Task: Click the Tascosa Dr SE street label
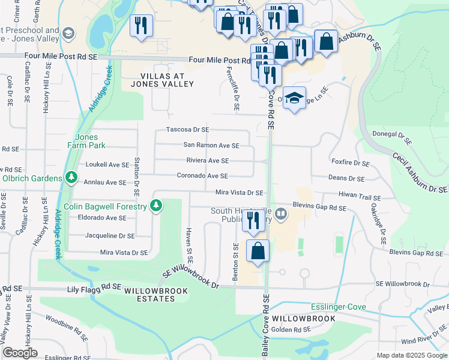pyautogui.click(x=187, y=130)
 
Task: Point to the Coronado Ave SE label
pyautogui.click(x=202, y=176)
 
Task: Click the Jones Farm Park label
pyautogui.click(x=90, y=141)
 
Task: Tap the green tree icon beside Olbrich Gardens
pyautogui.click(x=71, y=178)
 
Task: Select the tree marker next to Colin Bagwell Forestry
pyautogui.click(x=156, y=206)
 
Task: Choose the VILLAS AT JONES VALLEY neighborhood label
pyautogui.click(x=158, y=80)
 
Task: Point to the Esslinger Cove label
pyautogui.click(x=339, y=307)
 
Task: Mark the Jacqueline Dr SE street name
pyautogui.click(x=110, y=236)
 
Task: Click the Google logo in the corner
pyautogui.click(x=20, y=353)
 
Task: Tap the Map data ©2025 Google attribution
pyautogui.click(x=411, y=355)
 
